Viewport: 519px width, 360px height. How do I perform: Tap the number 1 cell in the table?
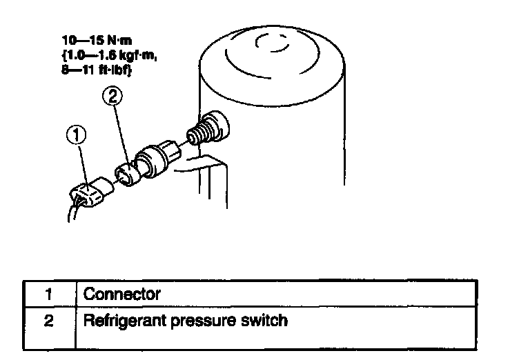tap(49, 294)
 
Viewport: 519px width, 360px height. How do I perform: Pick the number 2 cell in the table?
tap(49, 321)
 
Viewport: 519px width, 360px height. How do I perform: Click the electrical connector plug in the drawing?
tap(91, 191)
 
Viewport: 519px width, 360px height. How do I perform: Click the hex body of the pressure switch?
tap(157, 156)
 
